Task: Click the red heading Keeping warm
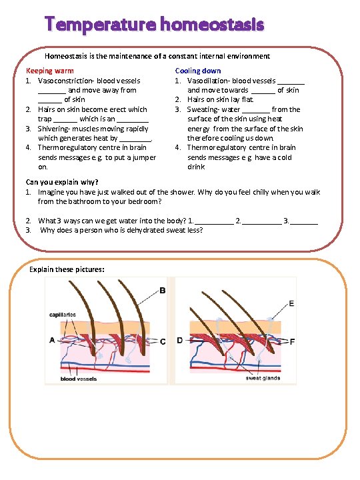tap(49, 71)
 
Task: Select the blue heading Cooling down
tap(198, 71)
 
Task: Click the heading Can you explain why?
tap(62, 182)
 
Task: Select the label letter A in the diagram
tap(52, 340)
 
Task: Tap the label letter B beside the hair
tap(163, 291)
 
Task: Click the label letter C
tap(163, 341)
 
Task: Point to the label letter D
tap(180, 341)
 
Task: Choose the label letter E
tap(291, 303)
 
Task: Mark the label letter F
tap(292, 341)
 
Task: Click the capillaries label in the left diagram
tap(63, 315)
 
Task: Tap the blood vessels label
tap(79, 379)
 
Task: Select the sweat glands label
tap(263, 378)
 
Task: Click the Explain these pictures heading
tap(67, 270)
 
